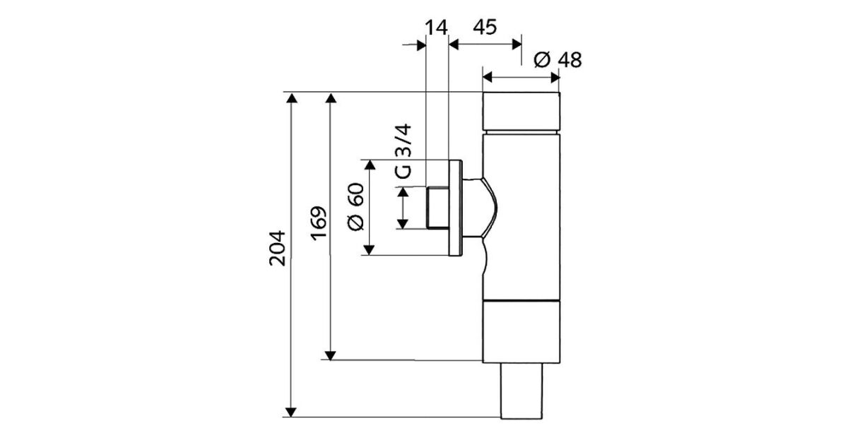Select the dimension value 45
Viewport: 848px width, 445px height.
click(x=484, y=28)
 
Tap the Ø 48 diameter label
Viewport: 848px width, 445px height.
click(x=558, y=60)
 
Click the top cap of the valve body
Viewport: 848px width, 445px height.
click(x=522, y=111)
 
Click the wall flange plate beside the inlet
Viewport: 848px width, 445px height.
click(x=456, y=208)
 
